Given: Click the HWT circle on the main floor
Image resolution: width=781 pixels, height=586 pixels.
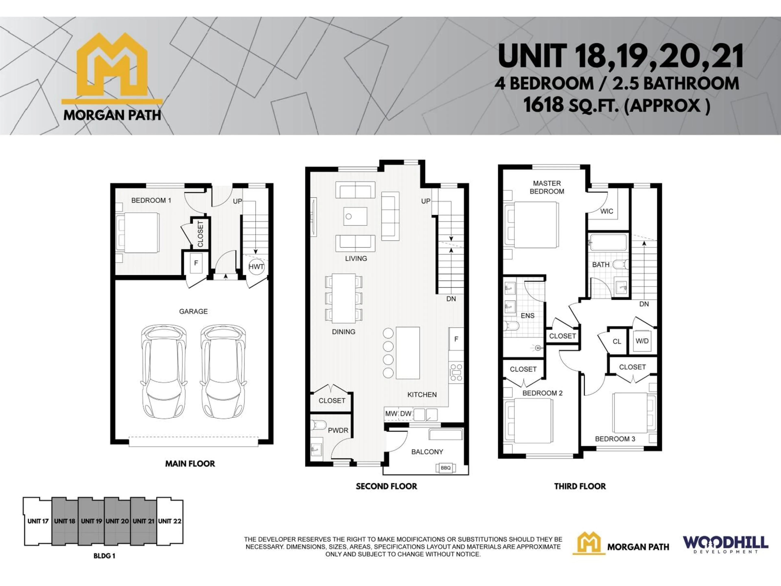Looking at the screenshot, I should [256, 267].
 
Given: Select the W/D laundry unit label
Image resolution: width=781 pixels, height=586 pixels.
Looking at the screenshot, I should [642, 341].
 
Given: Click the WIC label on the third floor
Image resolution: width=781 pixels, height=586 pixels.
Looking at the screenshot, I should [606, 211].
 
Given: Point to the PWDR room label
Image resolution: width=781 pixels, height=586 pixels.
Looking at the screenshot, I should [338, 430].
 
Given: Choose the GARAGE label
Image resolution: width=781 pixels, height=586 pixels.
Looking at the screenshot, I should [193, 311].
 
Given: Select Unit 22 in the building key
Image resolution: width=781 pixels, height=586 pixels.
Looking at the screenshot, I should [170, 521].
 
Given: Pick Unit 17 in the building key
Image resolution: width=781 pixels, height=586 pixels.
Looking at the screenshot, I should [38, 521].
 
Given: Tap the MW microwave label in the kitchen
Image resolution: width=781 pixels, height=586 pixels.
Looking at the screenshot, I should [391, 414].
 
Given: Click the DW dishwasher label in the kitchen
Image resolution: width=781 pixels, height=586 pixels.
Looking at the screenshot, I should [406, 414].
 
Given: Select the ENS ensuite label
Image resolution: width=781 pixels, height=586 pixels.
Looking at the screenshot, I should [528, 315].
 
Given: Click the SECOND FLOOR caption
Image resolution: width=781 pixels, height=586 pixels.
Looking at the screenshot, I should [386, 486].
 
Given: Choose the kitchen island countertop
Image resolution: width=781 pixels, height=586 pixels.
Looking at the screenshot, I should [408, 353].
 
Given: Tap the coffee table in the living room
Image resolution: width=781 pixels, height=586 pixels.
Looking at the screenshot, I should [355, 216].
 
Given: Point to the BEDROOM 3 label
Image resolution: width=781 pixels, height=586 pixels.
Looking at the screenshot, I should [615, 439].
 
